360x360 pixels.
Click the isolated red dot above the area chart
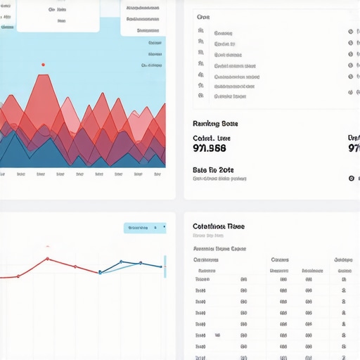(x=43, y=65)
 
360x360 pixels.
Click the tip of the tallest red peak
(x=47, y=75)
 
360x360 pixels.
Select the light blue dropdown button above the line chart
(x=145, y=228)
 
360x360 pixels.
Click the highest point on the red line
(x=47, y=259)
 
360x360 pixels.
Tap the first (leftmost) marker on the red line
(x=18, y=276)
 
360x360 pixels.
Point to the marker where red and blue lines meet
(x=100, y=272)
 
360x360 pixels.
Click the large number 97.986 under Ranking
(x=210, y=148)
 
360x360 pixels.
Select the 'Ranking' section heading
(x=214, y=124)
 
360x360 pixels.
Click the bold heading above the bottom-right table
(x=218, y=226)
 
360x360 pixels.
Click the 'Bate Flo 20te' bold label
(x=213, y=170)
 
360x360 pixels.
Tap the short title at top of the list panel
(x=203, y=16)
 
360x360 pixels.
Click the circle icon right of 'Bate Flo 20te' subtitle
(x=352, y=179)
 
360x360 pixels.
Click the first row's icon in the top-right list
(x=201, y=32)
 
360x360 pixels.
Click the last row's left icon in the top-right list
(x=201, y=95)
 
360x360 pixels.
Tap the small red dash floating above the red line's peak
(x=47, y=247)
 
